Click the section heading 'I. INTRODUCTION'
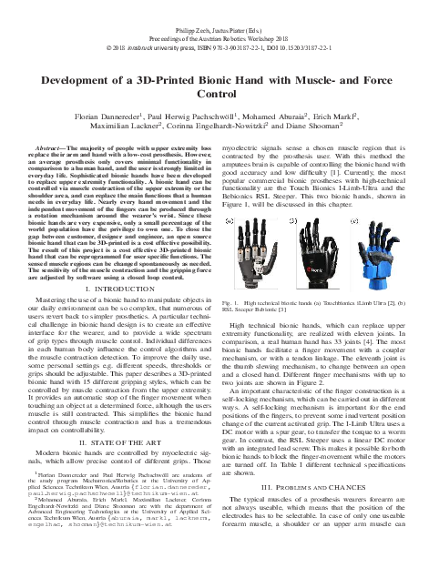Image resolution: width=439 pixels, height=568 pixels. (x=110, y=289)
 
